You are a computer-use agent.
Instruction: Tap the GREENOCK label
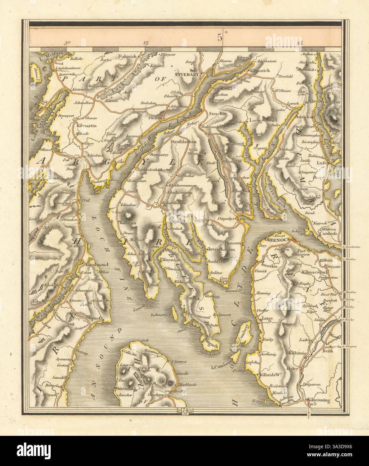pyautogui.click(x=275, y=240)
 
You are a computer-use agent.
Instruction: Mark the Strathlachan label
pyautogui.click(x=183, y=141)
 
